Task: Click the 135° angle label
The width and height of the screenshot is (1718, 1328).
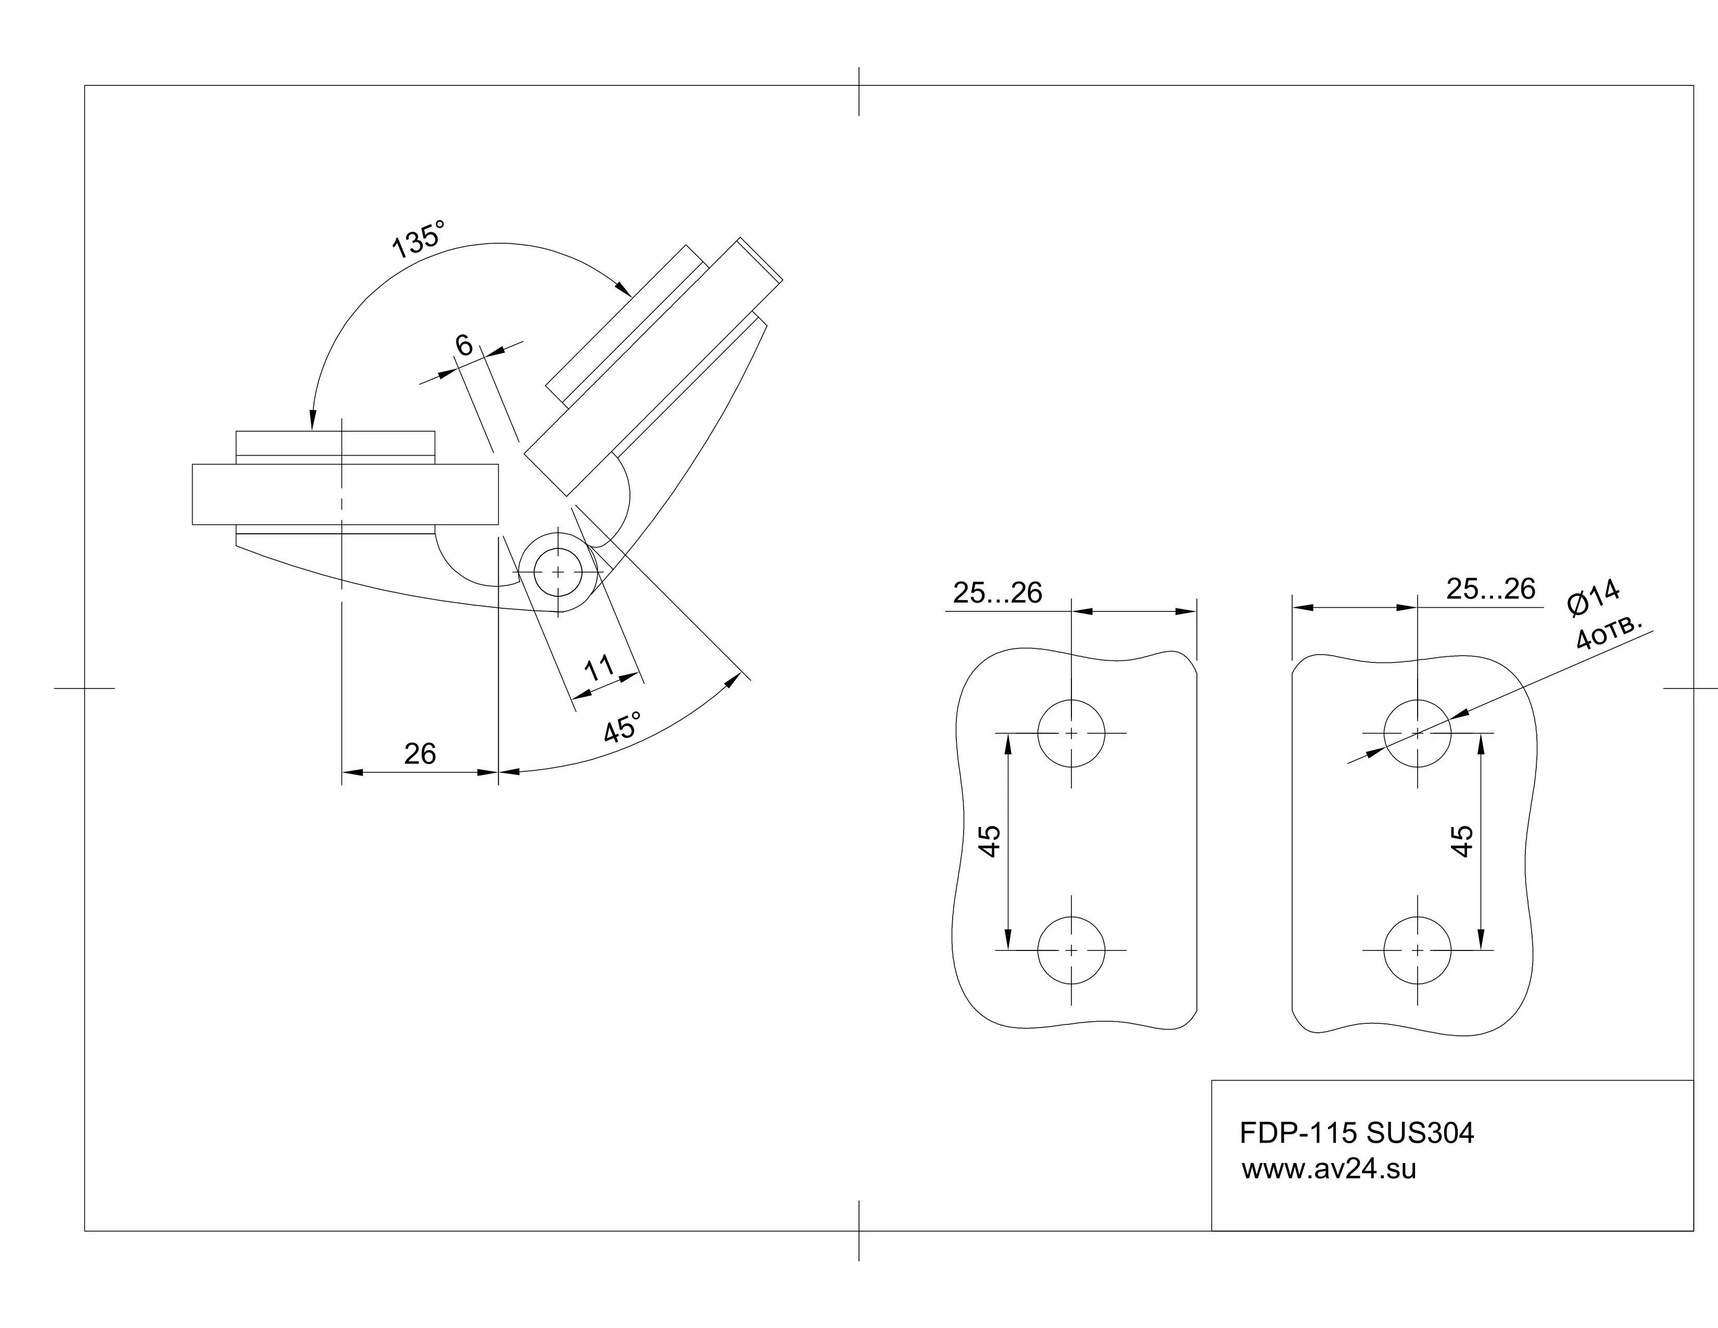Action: click(419, 239)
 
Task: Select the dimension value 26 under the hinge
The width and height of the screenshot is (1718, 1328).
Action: click(420, 754)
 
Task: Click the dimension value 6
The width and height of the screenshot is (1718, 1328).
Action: click(464, 345)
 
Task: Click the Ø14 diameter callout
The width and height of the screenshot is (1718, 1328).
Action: click(1594, 597)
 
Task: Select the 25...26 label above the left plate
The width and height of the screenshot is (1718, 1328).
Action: click(997, 593)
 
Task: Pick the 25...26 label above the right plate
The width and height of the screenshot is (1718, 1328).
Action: click(1490, 588)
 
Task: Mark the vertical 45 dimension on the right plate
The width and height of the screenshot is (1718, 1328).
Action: click(1461, 841)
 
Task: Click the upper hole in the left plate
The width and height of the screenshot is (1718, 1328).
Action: click(1071, 733)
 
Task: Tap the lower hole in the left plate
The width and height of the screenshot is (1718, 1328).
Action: click(1071, 950)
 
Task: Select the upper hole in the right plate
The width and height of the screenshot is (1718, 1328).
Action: click(1418, 733)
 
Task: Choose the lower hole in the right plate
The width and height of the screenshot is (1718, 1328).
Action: click(1418, 950)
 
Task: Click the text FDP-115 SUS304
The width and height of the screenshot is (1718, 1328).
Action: click(1357, 1133)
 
